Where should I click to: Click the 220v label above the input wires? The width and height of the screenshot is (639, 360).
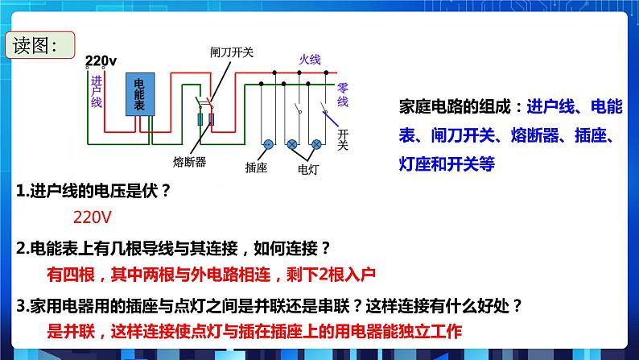[101, 60]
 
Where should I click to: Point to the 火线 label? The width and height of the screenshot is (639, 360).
[310, 60]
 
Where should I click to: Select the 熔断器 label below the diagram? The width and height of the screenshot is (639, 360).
[190, 161]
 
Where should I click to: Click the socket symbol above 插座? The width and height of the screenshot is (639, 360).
[265, 144]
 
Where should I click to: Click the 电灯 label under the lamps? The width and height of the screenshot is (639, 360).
[309, 168]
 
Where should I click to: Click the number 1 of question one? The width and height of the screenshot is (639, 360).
[20, 192]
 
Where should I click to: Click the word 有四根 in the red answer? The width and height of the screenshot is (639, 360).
[71, 275]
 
